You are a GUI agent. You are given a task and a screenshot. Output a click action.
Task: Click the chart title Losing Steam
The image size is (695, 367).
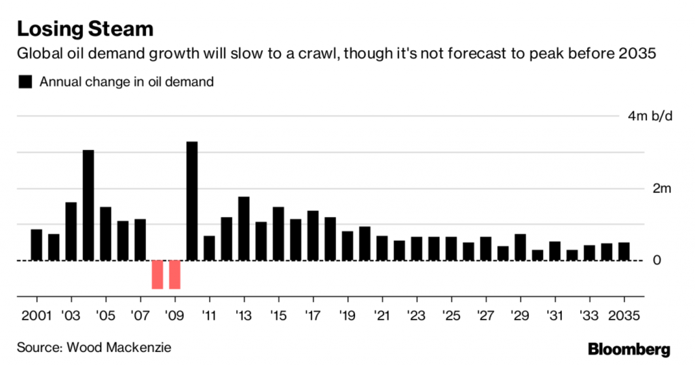coord(85,28)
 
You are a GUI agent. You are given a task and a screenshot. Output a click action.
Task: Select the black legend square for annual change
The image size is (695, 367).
coord(26,82)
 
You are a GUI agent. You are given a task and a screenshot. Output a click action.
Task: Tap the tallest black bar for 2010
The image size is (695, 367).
coord(192,201)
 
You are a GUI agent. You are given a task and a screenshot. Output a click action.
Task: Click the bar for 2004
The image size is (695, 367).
coord(88,205)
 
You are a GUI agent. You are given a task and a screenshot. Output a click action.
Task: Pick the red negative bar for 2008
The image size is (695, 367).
coord(157,274)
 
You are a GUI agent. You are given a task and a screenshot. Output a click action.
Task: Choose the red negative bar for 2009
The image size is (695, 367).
coord(174,274)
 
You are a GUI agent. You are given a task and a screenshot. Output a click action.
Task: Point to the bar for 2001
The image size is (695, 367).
coord(37,245)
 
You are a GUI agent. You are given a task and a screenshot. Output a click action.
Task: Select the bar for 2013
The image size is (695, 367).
coord(244,229)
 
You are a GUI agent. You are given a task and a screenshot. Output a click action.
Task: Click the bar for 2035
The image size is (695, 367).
coord(623,251)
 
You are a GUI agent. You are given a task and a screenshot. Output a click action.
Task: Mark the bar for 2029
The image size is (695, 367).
coord(520,247)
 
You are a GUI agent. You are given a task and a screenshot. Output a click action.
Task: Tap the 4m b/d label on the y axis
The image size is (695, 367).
coord(650,117)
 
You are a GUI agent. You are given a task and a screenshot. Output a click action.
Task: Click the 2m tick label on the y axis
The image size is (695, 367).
coord(661,189)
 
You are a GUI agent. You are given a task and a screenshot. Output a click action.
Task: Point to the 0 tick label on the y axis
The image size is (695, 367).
coord(656,260)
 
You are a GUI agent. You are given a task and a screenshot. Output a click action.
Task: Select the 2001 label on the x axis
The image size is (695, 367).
coord(37,315)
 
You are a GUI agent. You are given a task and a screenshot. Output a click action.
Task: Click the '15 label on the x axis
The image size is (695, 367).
coord(278,315)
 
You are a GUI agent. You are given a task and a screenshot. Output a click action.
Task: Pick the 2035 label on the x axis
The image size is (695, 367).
coord(622,315)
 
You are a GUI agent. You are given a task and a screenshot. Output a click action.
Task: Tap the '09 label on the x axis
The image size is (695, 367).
coord(174,315)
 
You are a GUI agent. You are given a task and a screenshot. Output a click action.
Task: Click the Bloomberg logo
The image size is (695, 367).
coord(628,349)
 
